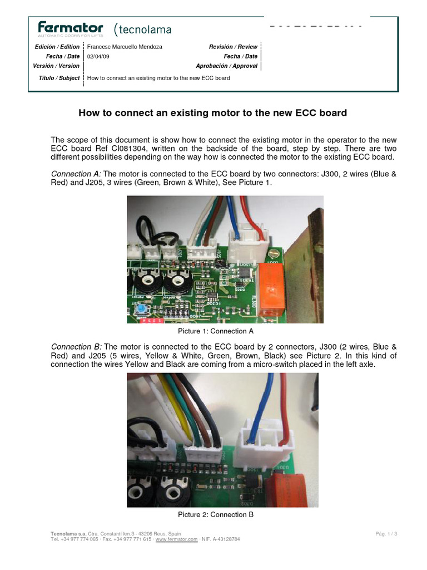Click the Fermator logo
tap(70, 28)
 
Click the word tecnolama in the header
tap(145, 29)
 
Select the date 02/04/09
tap(97, 56)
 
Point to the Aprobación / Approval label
tap(226, 66)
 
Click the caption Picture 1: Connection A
tap(216, 331)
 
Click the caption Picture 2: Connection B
tap(216, 515)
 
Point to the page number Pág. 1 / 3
tap(386, 534)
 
